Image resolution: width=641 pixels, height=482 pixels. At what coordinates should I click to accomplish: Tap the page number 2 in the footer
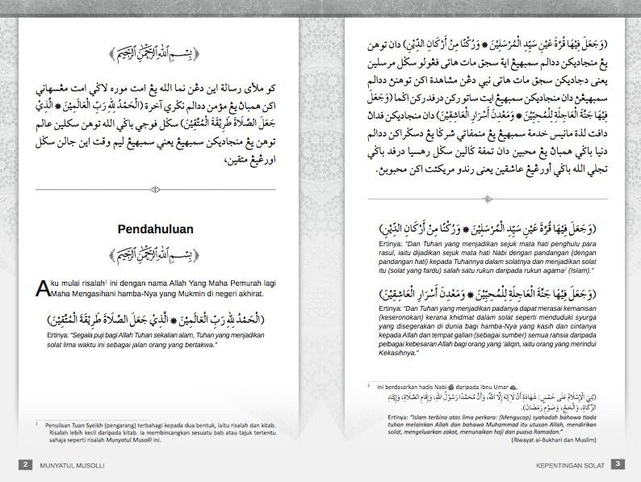[x=27, y=464]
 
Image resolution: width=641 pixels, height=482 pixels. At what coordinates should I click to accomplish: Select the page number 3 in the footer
[x=616, y=464]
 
